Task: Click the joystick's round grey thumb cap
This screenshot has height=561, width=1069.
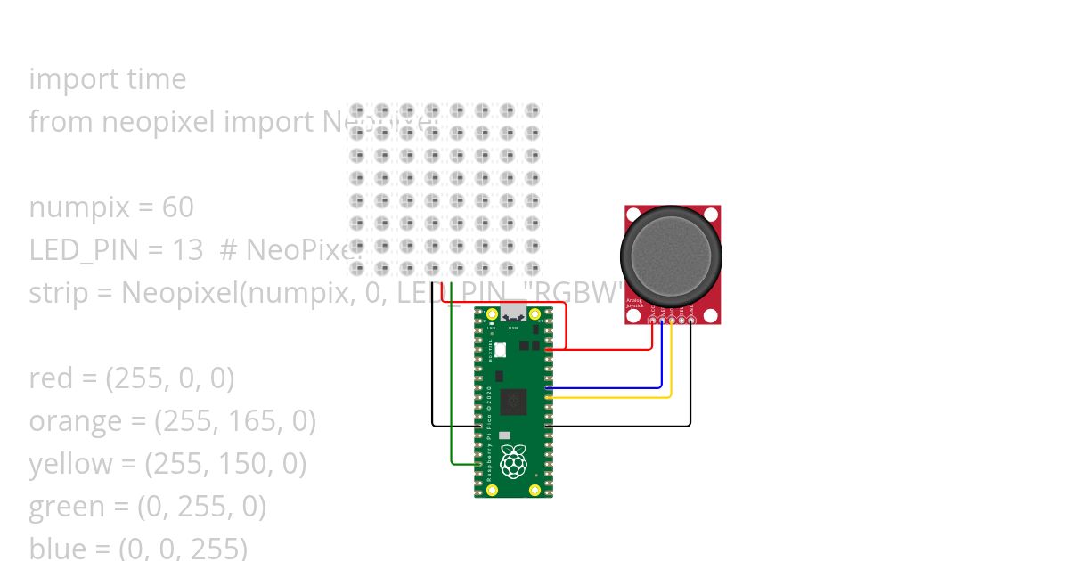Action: point(671,256)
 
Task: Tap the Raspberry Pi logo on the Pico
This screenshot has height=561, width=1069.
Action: point(513,461)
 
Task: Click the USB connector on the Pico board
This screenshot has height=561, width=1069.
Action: point(513,313)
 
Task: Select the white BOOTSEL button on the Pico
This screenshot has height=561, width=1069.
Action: point(500,349)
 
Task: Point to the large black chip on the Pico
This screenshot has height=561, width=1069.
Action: point(513,402)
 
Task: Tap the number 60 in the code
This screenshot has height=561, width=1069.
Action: point(177,207)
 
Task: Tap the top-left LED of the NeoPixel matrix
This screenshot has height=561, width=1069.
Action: point(357,111)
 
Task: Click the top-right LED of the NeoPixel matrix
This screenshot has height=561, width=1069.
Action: point(532,111)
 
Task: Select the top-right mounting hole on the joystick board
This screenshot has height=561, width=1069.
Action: point(710,215)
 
